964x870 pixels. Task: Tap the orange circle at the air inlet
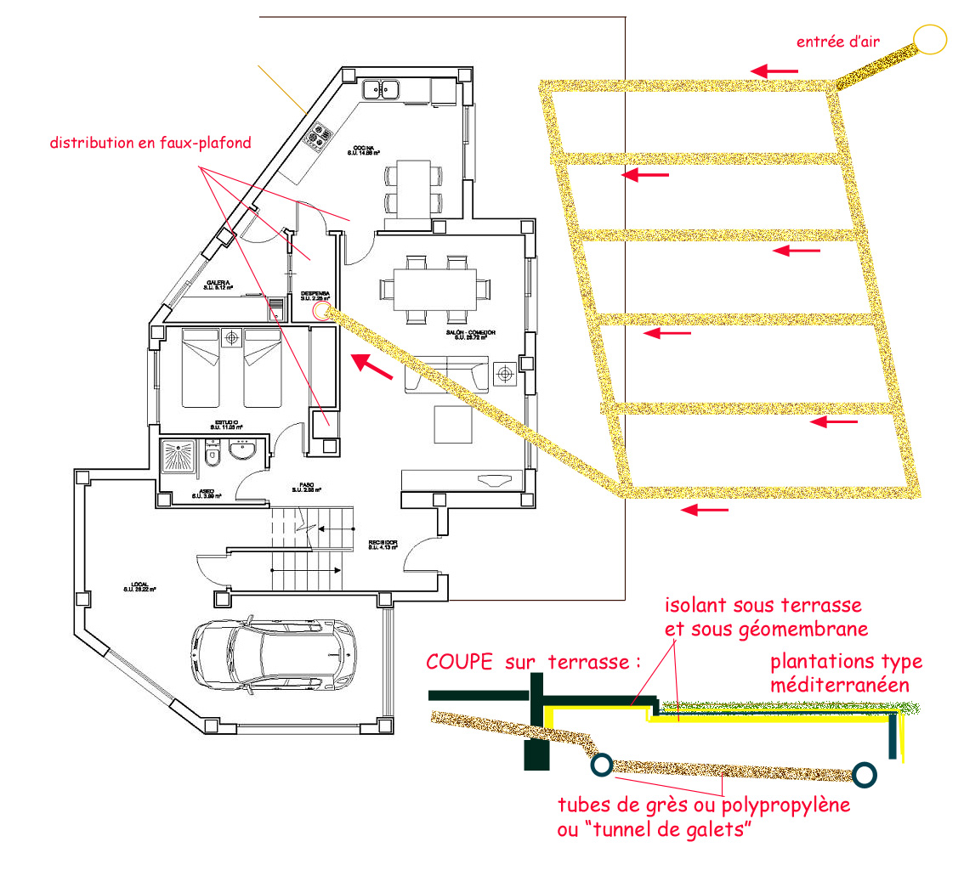click(930, 39)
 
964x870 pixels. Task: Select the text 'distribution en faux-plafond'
click(150, 143)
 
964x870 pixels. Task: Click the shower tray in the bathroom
click(179, 458)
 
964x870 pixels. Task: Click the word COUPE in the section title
click(459, 663)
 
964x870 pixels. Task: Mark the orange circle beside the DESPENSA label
click(321, 311)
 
